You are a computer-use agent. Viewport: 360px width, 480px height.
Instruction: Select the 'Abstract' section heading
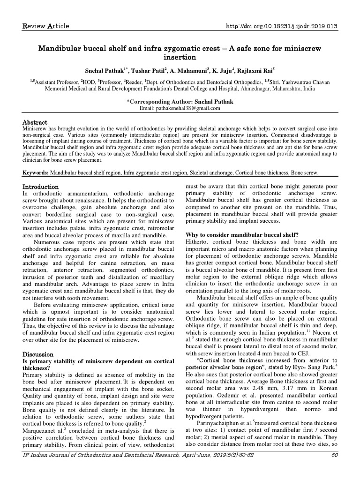[x=36, y=122]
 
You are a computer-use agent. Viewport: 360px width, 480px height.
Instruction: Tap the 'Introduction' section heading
[x=41, y=187]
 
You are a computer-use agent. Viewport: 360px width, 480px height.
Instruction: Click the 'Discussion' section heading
[x=38, y=354]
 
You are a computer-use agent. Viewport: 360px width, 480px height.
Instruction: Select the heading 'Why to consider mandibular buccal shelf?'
[x=242, y=234]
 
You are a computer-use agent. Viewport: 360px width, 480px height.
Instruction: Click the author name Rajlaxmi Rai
[x=255, y=71]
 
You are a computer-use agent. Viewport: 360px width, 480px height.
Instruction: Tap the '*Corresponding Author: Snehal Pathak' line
[x=180, y=101]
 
